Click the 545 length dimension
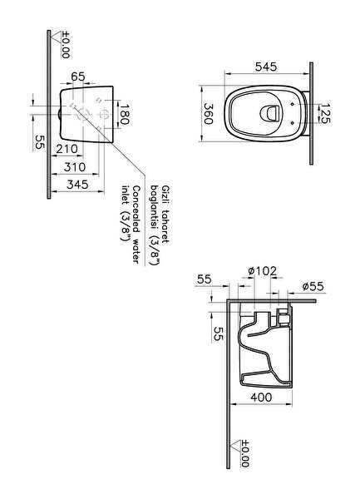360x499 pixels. (266, 67)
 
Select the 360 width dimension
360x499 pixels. (209, 114)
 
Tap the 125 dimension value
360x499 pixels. (325, 113)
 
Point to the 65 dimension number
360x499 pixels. (78, 77)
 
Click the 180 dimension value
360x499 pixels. (124, 115)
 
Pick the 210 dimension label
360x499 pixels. (67, 149)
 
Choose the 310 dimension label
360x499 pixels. (75, 167)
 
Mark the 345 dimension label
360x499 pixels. (77, 185)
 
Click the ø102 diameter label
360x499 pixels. (262, 271)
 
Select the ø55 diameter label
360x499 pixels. (313, 286)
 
